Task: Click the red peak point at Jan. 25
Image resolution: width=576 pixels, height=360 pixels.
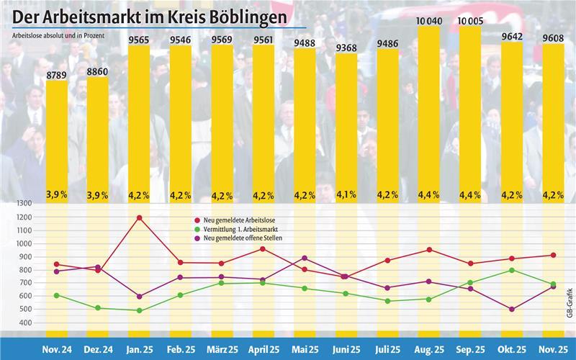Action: pos(139,217)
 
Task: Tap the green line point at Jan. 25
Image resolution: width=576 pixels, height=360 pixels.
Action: pos(139,311)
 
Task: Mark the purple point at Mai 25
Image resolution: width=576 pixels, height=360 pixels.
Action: pos(305,258)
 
